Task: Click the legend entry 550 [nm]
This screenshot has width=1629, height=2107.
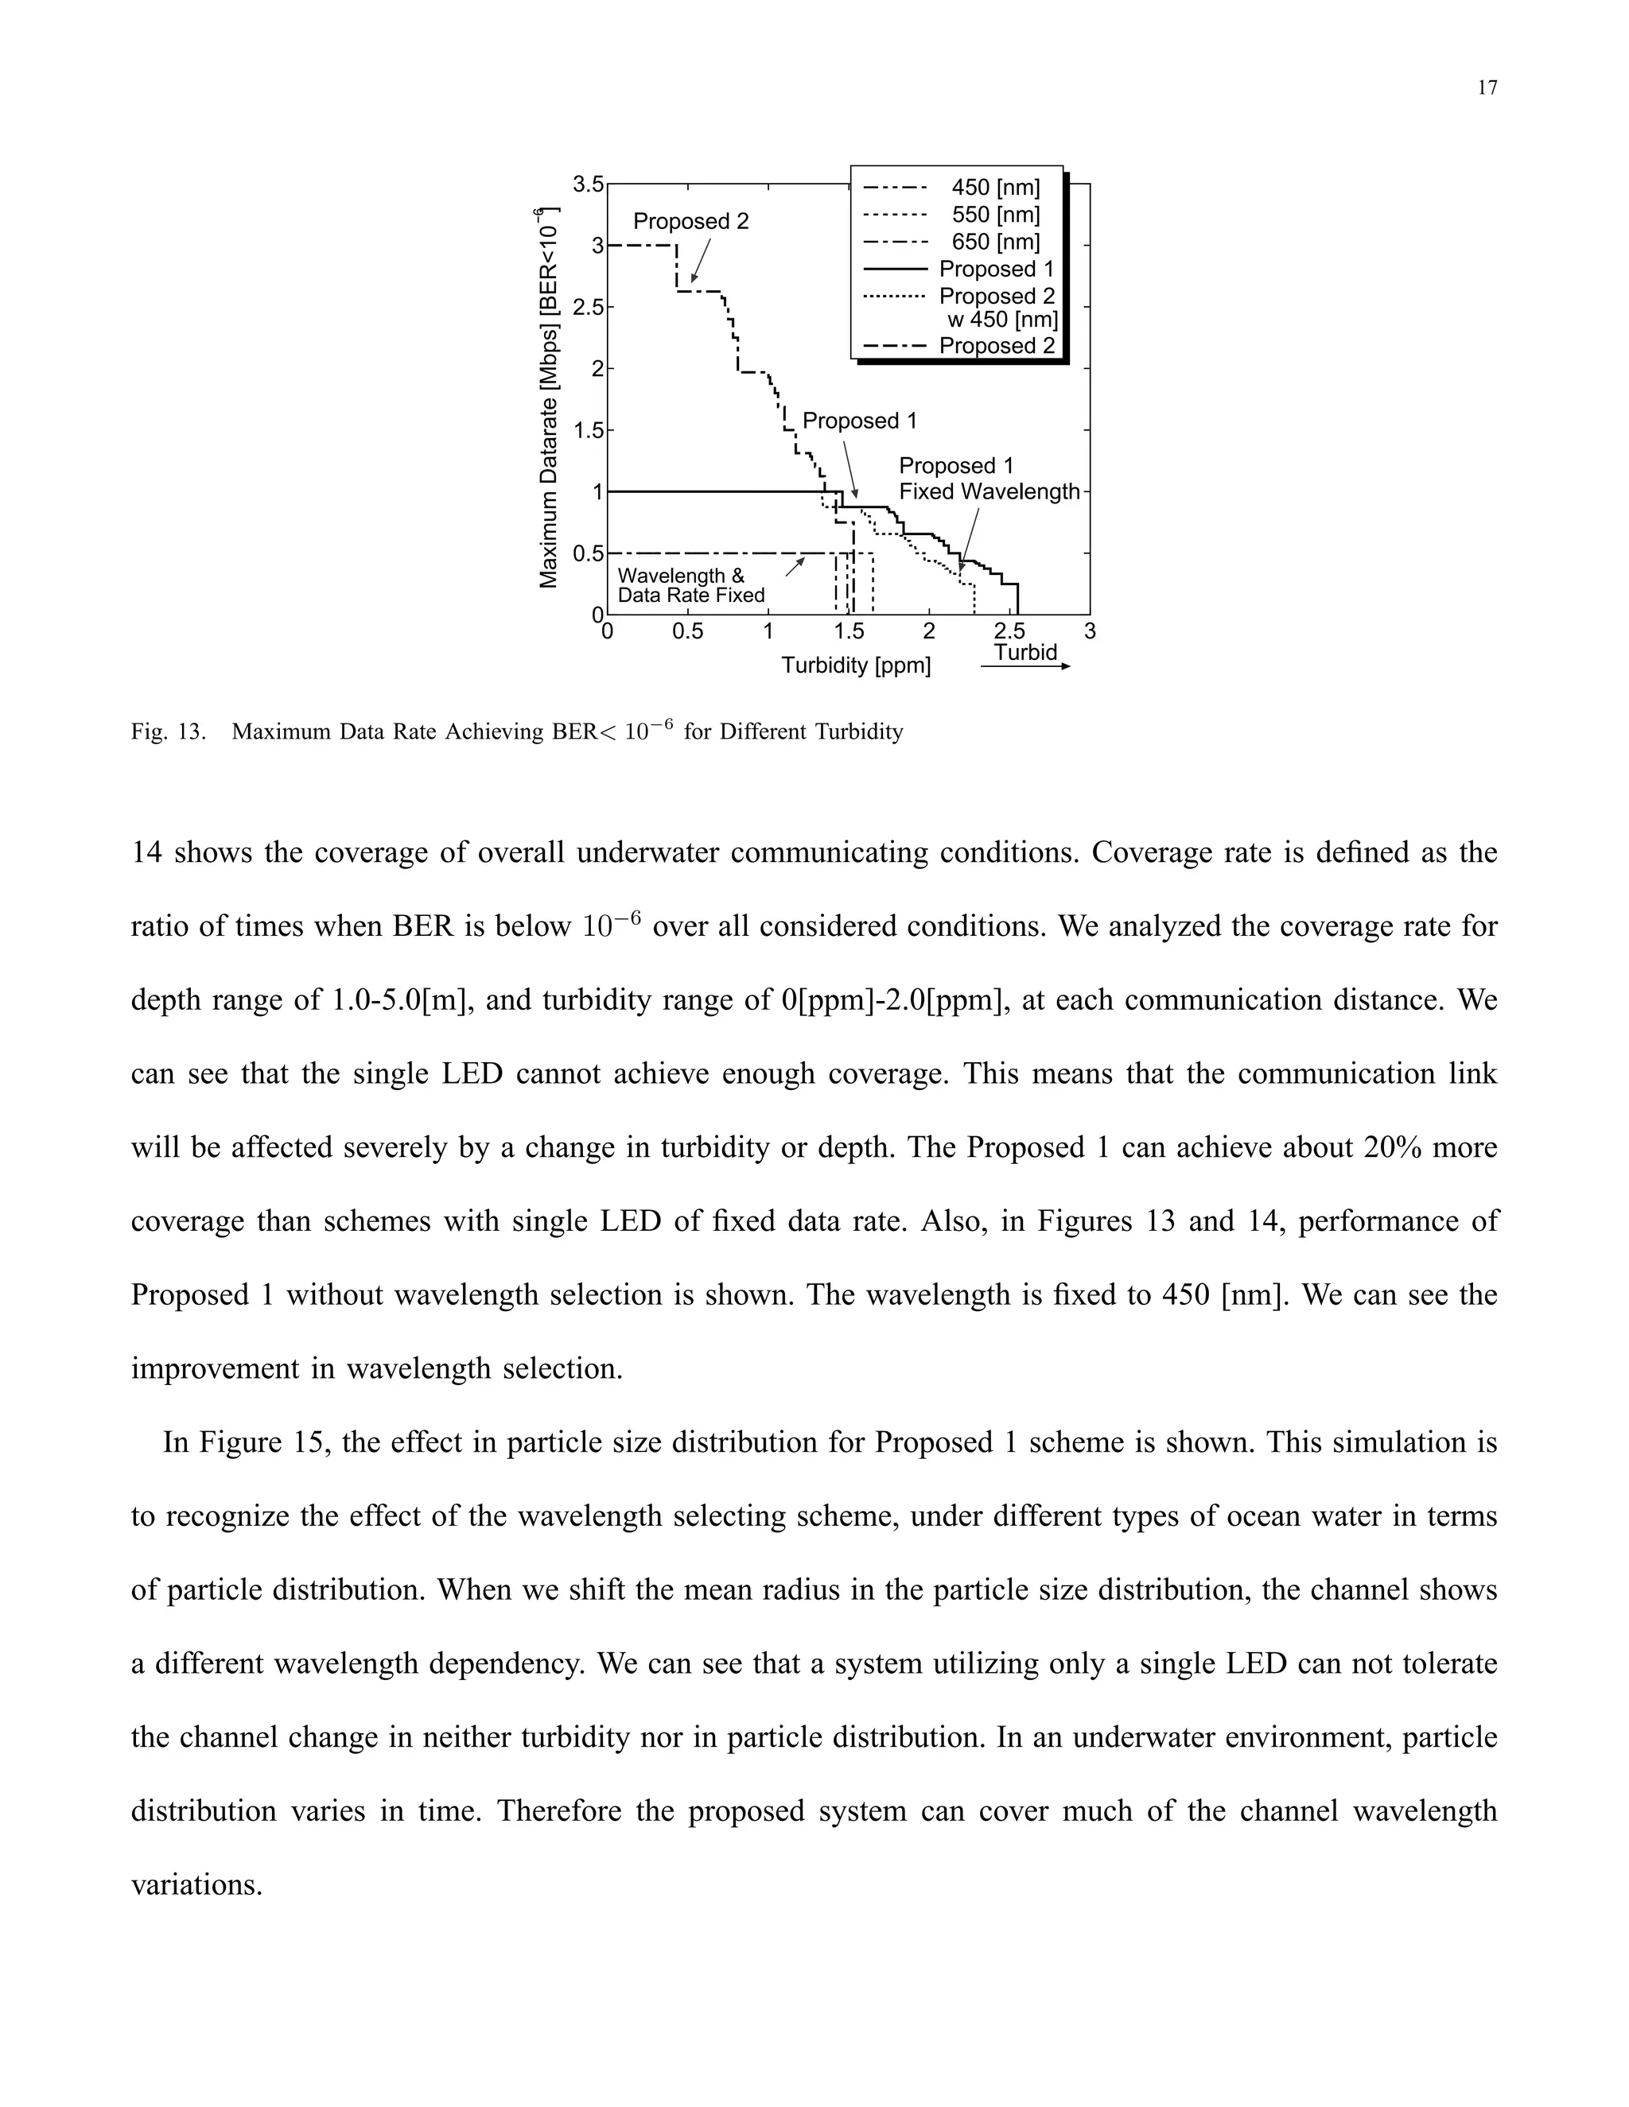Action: (995, 215)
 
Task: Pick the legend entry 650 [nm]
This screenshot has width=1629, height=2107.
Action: (995, 243)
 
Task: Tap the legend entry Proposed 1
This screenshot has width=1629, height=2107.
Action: (996, 270)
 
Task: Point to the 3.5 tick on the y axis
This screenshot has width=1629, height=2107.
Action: (588, 184)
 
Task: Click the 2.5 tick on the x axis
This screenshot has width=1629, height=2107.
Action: (1009, 632)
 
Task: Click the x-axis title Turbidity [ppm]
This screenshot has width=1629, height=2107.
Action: (856, 665)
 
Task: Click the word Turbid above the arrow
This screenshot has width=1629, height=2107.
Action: (1026, 652)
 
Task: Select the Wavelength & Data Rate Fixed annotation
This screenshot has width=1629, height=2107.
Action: (691, 586)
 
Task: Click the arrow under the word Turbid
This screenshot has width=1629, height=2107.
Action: (1024, 666)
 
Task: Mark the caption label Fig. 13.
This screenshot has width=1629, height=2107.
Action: (168, 732)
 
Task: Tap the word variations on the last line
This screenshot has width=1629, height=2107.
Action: (197, 1884)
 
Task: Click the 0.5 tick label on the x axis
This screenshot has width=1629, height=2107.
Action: (687, 632)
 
